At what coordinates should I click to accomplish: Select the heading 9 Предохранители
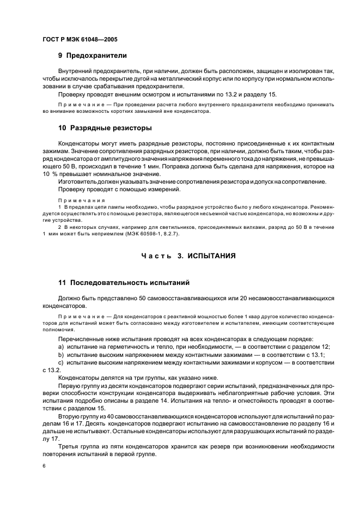(x=92, y=55)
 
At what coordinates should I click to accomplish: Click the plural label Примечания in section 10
(x=74, y=200)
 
